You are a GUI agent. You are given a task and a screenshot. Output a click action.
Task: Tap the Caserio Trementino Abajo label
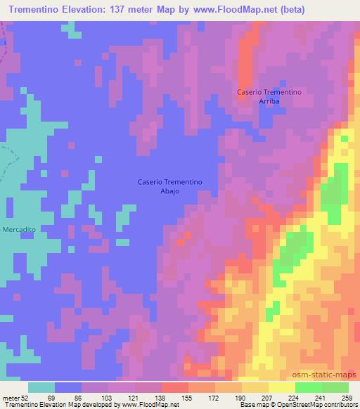pos(169,186)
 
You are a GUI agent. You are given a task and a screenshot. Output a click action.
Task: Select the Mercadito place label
pos(19,230)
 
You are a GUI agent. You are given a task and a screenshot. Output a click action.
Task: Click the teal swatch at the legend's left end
pos(41,387)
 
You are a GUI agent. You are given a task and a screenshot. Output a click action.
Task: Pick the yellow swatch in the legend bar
pos(281,387)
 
